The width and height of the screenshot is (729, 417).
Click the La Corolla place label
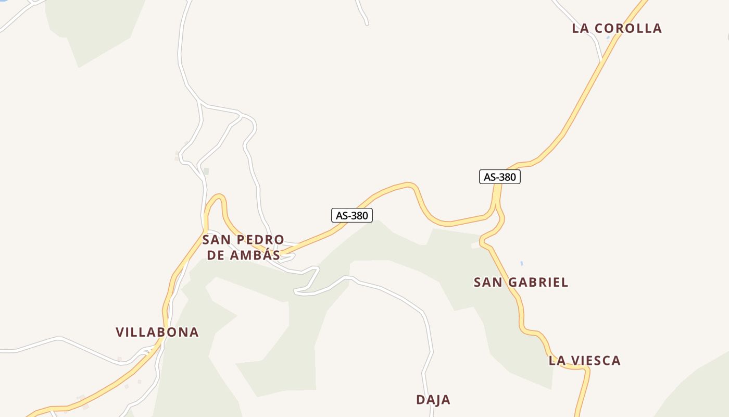click(x=617, y=28)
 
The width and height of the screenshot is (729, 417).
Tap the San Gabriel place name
click(x=521, y=283)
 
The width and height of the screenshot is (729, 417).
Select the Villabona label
click(x=157, y=332)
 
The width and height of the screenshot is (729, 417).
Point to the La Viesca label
click(x=584, y=360)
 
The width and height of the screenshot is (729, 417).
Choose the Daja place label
click(x=433, y=400)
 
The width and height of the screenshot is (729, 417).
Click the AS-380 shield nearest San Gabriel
click(x=499, y=177)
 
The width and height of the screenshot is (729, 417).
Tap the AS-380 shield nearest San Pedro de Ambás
click(x=352, y=215)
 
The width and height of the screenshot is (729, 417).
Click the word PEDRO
click(x=260, y=240)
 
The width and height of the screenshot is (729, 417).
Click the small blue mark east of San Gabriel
click(x=521, y=264)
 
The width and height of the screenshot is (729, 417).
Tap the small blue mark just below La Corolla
click(x=608, y=38)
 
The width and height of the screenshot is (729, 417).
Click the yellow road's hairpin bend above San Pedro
click(x=219, y=196)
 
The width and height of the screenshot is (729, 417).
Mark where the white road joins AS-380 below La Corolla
click(x=602, y=60)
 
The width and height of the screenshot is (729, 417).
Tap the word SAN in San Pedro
click(x=216, y=240)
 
